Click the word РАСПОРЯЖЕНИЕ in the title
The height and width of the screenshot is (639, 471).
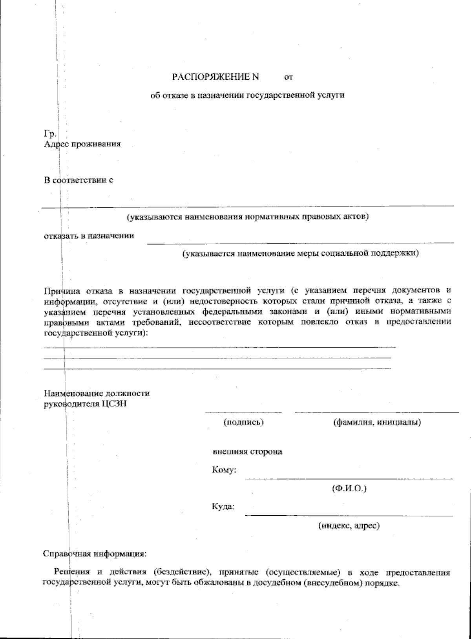pos(211,77)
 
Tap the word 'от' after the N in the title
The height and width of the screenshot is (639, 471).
pos(288,78)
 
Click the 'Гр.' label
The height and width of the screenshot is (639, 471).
pos(50,134)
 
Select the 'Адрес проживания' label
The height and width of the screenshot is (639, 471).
pos(82,144)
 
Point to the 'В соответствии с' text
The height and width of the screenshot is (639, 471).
pos(78,181)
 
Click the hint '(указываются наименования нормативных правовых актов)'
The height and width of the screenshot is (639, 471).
pos(247,217)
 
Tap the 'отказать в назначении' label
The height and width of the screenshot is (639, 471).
pos(89,236)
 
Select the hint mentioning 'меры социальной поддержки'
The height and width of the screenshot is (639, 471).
pos(300,254)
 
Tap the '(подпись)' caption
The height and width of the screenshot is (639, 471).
pos(243,423)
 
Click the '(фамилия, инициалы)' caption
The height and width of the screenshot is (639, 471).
pos(377,423)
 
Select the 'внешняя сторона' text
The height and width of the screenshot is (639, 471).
pos(247,452)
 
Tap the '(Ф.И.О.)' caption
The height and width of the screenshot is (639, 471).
pos(349,489)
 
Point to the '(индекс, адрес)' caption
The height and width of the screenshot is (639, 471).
pos(349,525)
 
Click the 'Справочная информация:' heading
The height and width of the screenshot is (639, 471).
pos(94,555)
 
